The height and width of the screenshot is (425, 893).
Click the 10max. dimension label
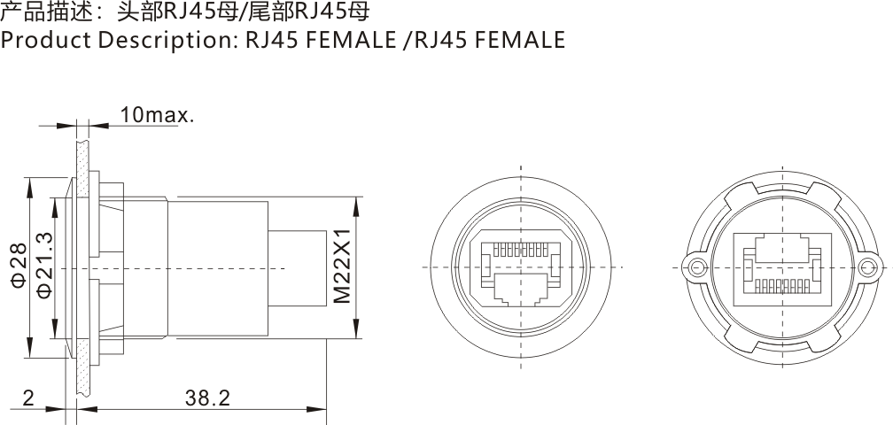157,115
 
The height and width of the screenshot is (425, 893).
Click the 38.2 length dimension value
207,398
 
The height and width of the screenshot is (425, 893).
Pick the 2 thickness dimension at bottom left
28,398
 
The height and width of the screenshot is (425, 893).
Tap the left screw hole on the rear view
697,267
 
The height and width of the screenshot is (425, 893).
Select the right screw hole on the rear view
870,267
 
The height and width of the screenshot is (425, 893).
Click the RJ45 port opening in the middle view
521,288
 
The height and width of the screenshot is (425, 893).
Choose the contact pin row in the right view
783,285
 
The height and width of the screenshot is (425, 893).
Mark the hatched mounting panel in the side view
82,266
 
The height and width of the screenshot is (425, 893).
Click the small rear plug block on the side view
298,267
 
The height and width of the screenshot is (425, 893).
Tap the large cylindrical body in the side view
217,267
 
